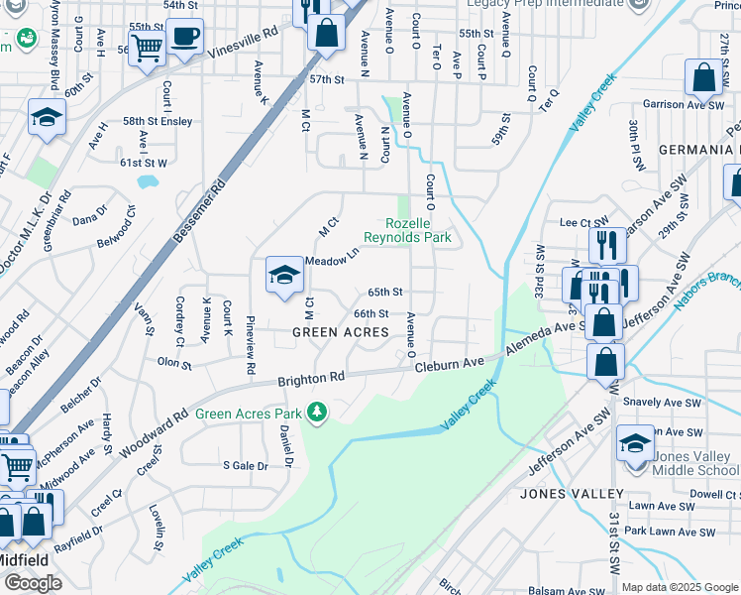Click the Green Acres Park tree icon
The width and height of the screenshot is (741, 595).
click(317, 412)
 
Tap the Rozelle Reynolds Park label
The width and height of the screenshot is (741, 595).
click(407, 230)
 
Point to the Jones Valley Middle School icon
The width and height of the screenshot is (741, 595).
click(635, 445)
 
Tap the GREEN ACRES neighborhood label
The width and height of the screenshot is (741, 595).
click(340, 332)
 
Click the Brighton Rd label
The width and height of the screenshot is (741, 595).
click(310, 379)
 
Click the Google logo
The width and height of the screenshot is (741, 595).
click(33, 583)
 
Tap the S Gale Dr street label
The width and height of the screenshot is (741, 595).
click(246, 465)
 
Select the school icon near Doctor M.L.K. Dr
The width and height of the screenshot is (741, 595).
click(47, 119)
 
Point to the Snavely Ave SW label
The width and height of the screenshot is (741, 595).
click(663, 404)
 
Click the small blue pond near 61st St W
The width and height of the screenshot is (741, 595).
click(148, 181)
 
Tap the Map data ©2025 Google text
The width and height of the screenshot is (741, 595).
click(680, 587)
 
